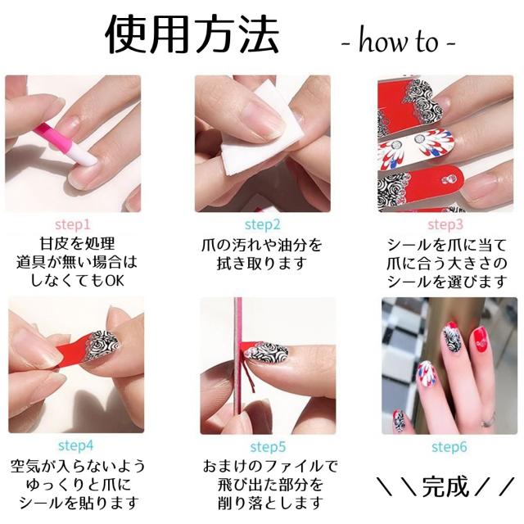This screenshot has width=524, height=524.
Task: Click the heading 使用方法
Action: (x=192, y=34)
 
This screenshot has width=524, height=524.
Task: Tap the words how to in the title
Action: (x=398, y=42)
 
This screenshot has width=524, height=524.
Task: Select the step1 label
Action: (x=73, y=225)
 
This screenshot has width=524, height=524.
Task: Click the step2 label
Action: (x=263, y=225)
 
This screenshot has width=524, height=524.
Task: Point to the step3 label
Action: (x=445, y=225)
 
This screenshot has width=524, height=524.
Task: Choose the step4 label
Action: (x=76, y=445)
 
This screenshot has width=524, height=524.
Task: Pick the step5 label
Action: (x=268, y=447)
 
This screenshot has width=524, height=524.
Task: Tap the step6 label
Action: (x=449, y=447)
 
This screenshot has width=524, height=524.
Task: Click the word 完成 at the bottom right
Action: (x=446, y=486)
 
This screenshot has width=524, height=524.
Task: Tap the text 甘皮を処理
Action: (x=77, y=244)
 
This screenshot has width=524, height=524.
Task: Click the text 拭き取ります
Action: (x=262, y=264)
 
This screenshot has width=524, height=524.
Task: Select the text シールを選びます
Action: (x=447, y=282)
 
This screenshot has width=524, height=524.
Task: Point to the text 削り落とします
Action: (x=270, y=503)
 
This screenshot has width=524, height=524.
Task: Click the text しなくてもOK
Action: (x=77, y=281)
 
